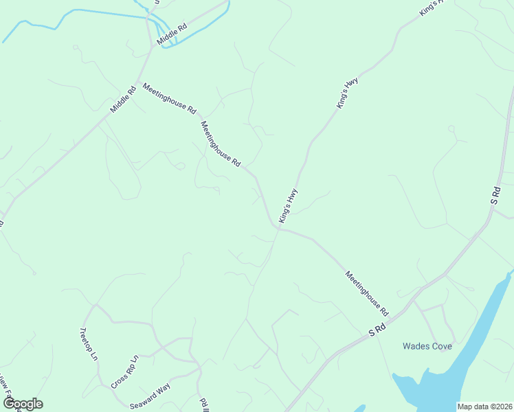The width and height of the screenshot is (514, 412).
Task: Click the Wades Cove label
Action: [x=427, y=346]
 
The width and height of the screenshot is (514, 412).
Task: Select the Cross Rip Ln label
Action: [x=125, y=371]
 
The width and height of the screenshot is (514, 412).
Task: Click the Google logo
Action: [x=22, y=404]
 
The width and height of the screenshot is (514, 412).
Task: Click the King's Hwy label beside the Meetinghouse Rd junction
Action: [x=288, y=205]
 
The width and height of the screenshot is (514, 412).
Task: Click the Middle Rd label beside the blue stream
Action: [x=171, y=35]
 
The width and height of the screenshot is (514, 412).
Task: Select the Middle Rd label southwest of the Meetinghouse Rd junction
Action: [x=124, y=100]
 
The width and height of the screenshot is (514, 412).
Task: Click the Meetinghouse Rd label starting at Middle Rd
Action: [x=169, y=98]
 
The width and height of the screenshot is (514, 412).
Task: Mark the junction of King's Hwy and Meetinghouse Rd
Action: [x=278, y=229]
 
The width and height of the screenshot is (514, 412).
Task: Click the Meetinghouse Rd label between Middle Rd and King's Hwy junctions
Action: [x=220, y=144]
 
